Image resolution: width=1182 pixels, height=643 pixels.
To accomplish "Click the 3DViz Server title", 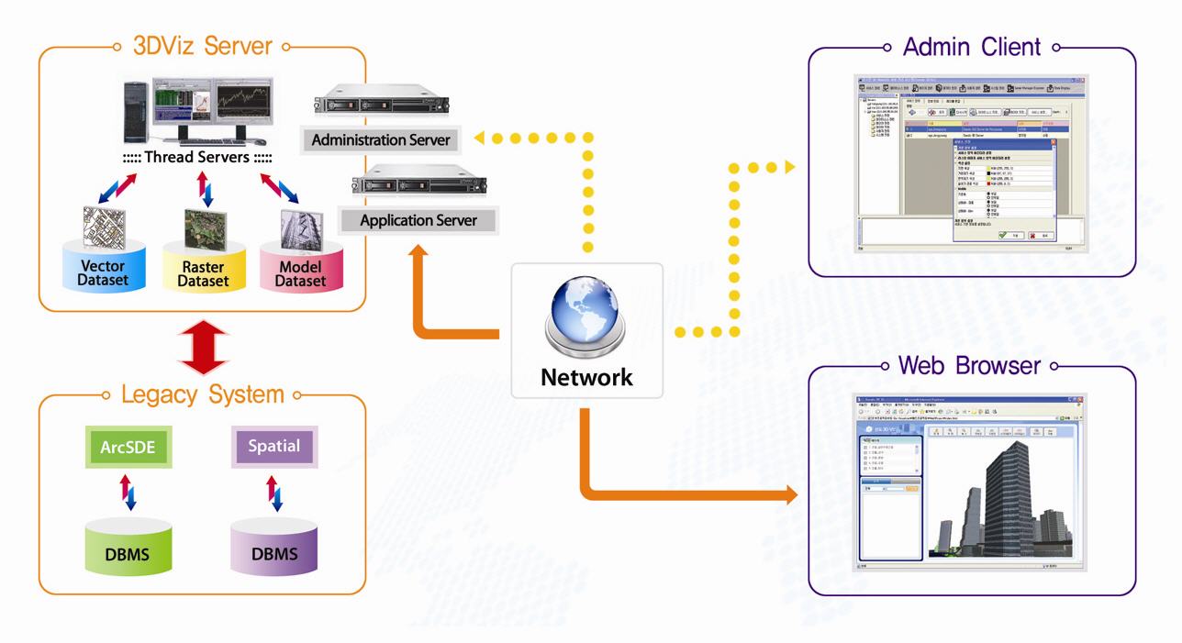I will (202, 45).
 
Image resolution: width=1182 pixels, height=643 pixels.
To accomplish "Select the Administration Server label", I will (381, 140).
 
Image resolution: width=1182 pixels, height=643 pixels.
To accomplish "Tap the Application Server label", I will (406, 221).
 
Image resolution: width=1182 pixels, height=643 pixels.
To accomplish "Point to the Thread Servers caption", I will (197, 157).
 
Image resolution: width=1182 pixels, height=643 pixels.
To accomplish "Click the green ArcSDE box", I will (127, 449).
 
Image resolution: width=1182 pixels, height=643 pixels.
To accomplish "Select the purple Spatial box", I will (273, 449).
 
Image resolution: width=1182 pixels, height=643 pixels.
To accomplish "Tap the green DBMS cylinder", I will (127, 549).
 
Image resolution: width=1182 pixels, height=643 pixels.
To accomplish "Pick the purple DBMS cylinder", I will (273, 549).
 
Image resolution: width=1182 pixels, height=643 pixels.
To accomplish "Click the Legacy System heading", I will (202, 395).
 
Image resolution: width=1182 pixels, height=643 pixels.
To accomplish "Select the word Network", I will (586, 377).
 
